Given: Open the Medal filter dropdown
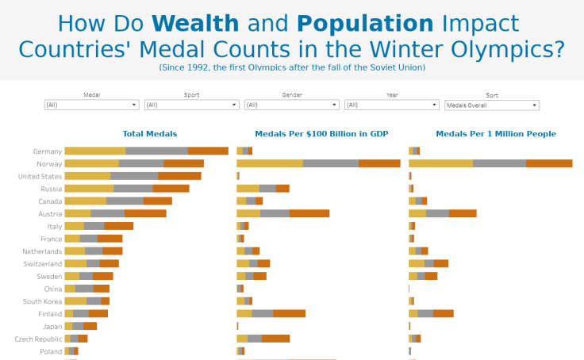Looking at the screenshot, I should click(91, 105).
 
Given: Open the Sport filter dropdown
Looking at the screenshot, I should click(191, 105).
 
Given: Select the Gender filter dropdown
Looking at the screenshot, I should click(291, 105).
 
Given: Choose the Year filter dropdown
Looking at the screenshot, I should click(391, 105).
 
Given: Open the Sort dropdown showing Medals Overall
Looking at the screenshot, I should click(491, 105).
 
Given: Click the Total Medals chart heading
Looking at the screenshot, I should click(150, 134).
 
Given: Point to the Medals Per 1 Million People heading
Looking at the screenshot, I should click(496, 134).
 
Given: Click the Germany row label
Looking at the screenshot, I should click(48, 151).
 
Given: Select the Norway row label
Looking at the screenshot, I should click(49, 163).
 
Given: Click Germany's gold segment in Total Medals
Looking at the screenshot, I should click(94, 151).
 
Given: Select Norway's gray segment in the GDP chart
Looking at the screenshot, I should click(330, 163).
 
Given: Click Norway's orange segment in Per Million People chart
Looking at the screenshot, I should click(549, 163).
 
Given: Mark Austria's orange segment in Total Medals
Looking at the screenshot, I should click(145, 213).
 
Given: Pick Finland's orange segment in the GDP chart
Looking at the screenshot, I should click(289, 313).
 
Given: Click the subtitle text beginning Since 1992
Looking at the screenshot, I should click(292, 67).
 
